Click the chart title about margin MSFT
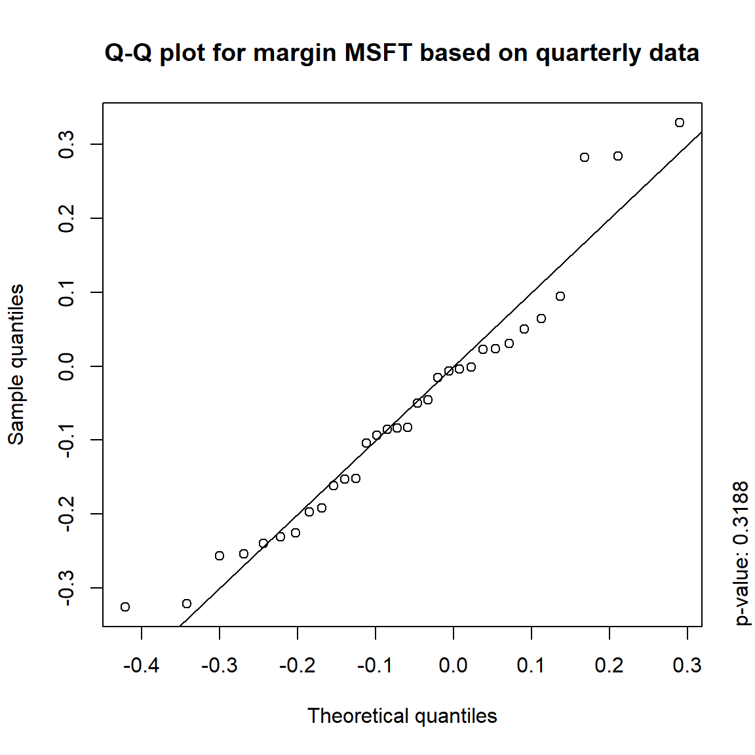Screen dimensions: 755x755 click(x=402, y=52)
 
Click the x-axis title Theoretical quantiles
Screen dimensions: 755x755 click(x=402, y=716)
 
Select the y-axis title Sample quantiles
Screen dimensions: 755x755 click(x=16, y=364)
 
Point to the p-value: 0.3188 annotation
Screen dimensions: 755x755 click(x=741, y=553)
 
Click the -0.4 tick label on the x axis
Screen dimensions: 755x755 click(x=141, y=666)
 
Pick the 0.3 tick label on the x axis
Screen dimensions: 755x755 click(x=687, y=666)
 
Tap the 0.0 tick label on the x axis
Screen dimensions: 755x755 click(x=454, y=666)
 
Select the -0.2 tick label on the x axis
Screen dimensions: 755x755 click(x=297, y=666)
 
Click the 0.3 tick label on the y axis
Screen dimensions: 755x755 click(x=66, y=144)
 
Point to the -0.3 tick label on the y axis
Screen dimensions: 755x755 click(x=66, y=588)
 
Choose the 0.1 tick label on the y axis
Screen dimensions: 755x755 click(x=66, y=292)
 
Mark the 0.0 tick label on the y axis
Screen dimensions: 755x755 click(x=66, y=366)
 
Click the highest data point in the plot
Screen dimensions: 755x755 click(x=680, y=123)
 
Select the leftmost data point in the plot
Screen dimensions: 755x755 click(x=125, y=607)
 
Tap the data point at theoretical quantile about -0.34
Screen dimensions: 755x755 click(x=187, y=604)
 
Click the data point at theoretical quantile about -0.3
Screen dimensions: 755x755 click(x=220, y=556)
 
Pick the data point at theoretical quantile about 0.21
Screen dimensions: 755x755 click(x=618, y=156)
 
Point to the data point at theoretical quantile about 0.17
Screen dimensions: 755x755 click(x=585, y=157)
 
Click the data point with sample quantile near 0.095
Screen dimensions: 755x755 click(x=560, y=296)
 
